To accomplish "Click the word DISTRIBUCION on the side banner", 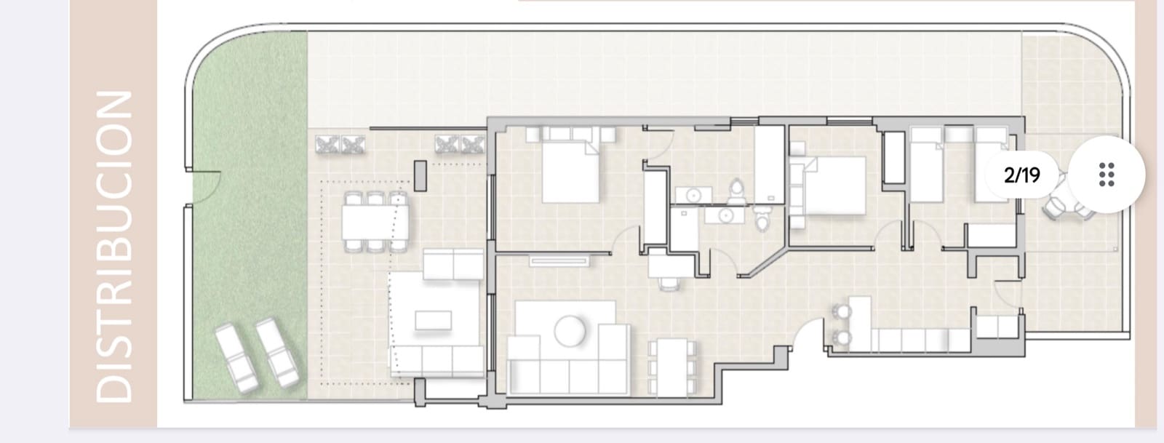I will (114, 246).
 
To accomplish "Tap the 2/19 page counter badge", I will (1021, 175).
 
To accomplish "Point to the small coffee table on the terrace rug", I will (434, 319).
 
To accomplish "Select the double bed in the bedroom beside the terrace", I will (572, 172).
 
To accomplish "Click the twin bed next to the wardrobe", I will (927, 164).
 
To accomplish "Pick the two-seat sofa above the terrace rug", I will (453, 265).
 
